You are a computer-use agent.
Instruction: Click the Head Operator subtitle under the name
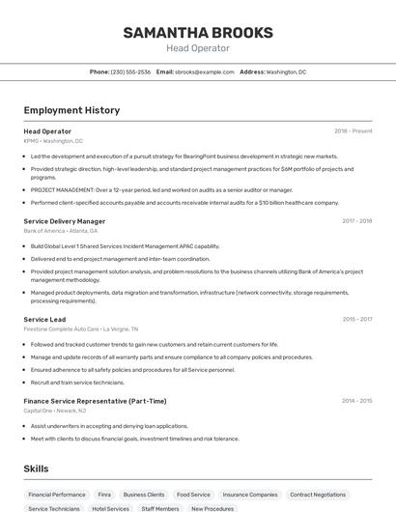coord(197,48)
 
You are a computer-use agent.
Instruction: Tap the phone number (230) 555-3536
coord(130,71)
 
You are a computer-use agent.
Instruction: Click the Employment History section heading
coord(71,110)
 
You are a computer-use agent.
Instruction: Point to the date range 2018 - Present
coord(353,130)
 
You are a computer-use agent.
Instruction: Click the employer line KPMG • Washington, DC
coord(53,141)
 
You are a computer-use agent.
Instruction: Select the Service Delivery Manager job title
coord(65,221)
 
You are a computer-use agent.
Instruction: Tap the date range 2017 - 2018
coord(356,221)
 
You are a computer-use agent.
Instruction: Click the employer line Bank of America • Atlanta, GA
coord(61,231)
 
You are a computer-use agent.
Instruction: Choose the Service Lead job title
coord(44,319)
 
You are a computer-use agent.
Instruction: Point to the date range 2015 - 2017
coord(356,319)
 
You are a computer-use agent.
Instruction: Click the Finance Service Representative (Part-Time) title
coord(95,401)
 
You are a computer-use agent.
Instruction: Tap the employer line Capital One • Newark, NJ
coord(55,411)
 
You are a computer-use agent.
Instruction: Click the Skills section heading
coord(37,469)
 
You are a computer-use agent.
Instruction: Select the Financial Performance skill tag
coord(56,494)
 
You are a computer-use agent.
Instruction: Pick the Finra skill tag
coord(104,494)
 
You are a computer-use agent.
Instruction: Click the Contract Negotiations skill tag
coord(318,494)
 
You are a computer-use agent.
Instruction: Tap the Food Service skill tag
coord(193,494)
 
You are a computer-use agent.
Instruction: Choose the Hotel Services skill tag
coord(110,508)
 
